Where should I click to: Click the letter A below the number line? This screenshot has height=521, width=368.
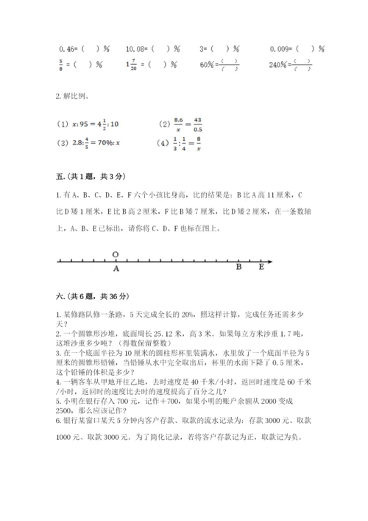click(116, 270)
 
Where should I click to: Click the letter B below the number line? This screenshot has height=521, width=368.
click(238, 268)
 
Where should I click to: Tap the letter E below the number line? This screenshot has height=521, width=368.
click(261, 268)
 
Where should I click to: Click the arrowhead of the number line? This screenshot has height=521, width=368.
click(271, 261)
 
